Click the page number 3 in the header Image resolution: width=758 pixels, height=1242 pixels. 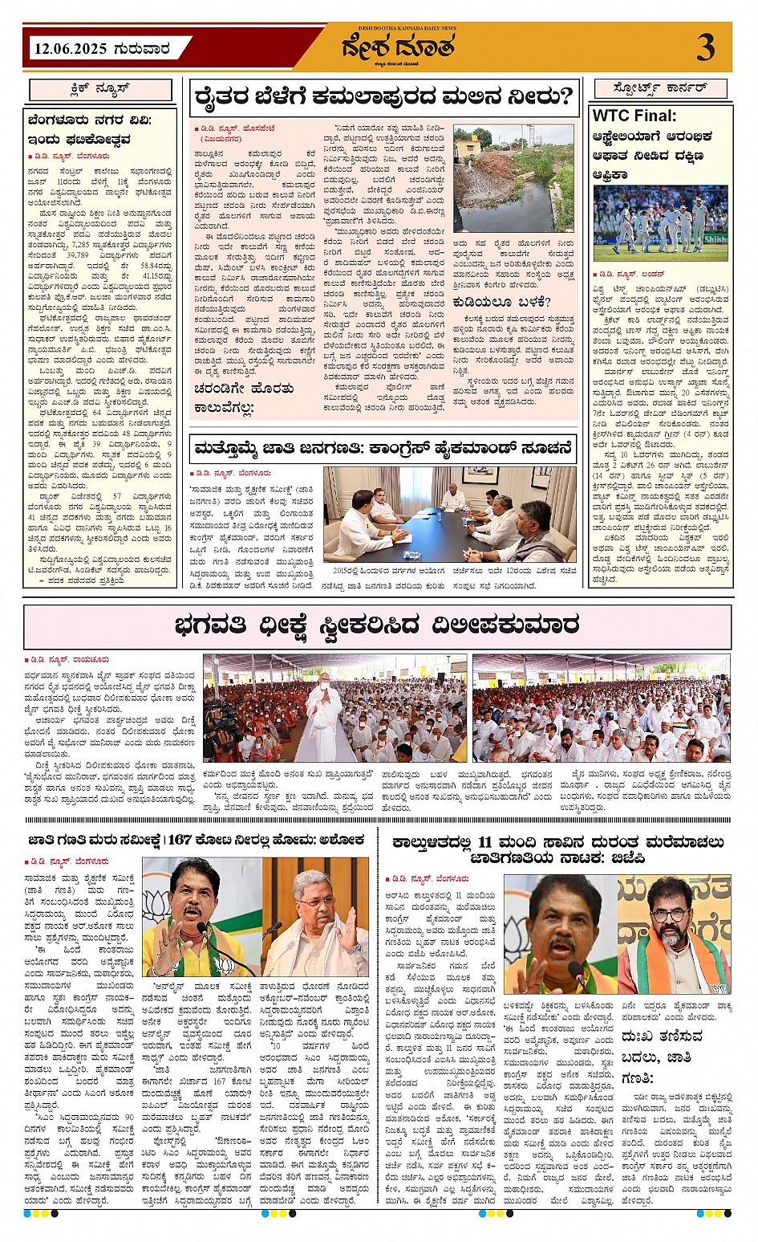705,48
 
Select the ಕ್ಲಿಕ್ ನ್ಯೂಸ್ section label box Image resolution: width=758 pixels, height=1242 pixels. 101,90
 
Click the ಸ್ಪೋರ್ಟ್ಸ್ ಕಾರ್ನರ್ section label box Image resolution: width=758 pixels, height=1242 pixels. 660,88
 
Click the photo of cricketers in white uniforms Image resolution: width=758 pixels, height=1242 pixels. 660,218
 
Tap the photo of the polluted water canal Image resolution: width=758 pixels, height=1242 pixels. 513,179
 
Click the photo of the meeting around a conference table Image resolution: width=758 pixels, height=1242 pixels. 450,514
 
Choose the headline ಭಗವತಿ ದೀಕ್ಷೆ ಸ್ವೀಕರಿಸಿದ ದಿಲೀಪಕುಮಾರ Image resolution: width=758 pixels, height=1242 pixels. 376,625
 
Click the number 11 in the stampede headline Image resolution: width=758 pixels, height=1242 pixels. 485,842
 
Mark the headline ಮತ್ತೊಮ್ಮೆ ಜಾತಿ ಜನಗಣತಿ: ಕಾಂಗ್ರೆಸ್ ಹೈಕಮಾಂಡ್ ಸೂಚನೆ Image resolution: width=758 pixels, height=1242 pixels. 383,448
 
